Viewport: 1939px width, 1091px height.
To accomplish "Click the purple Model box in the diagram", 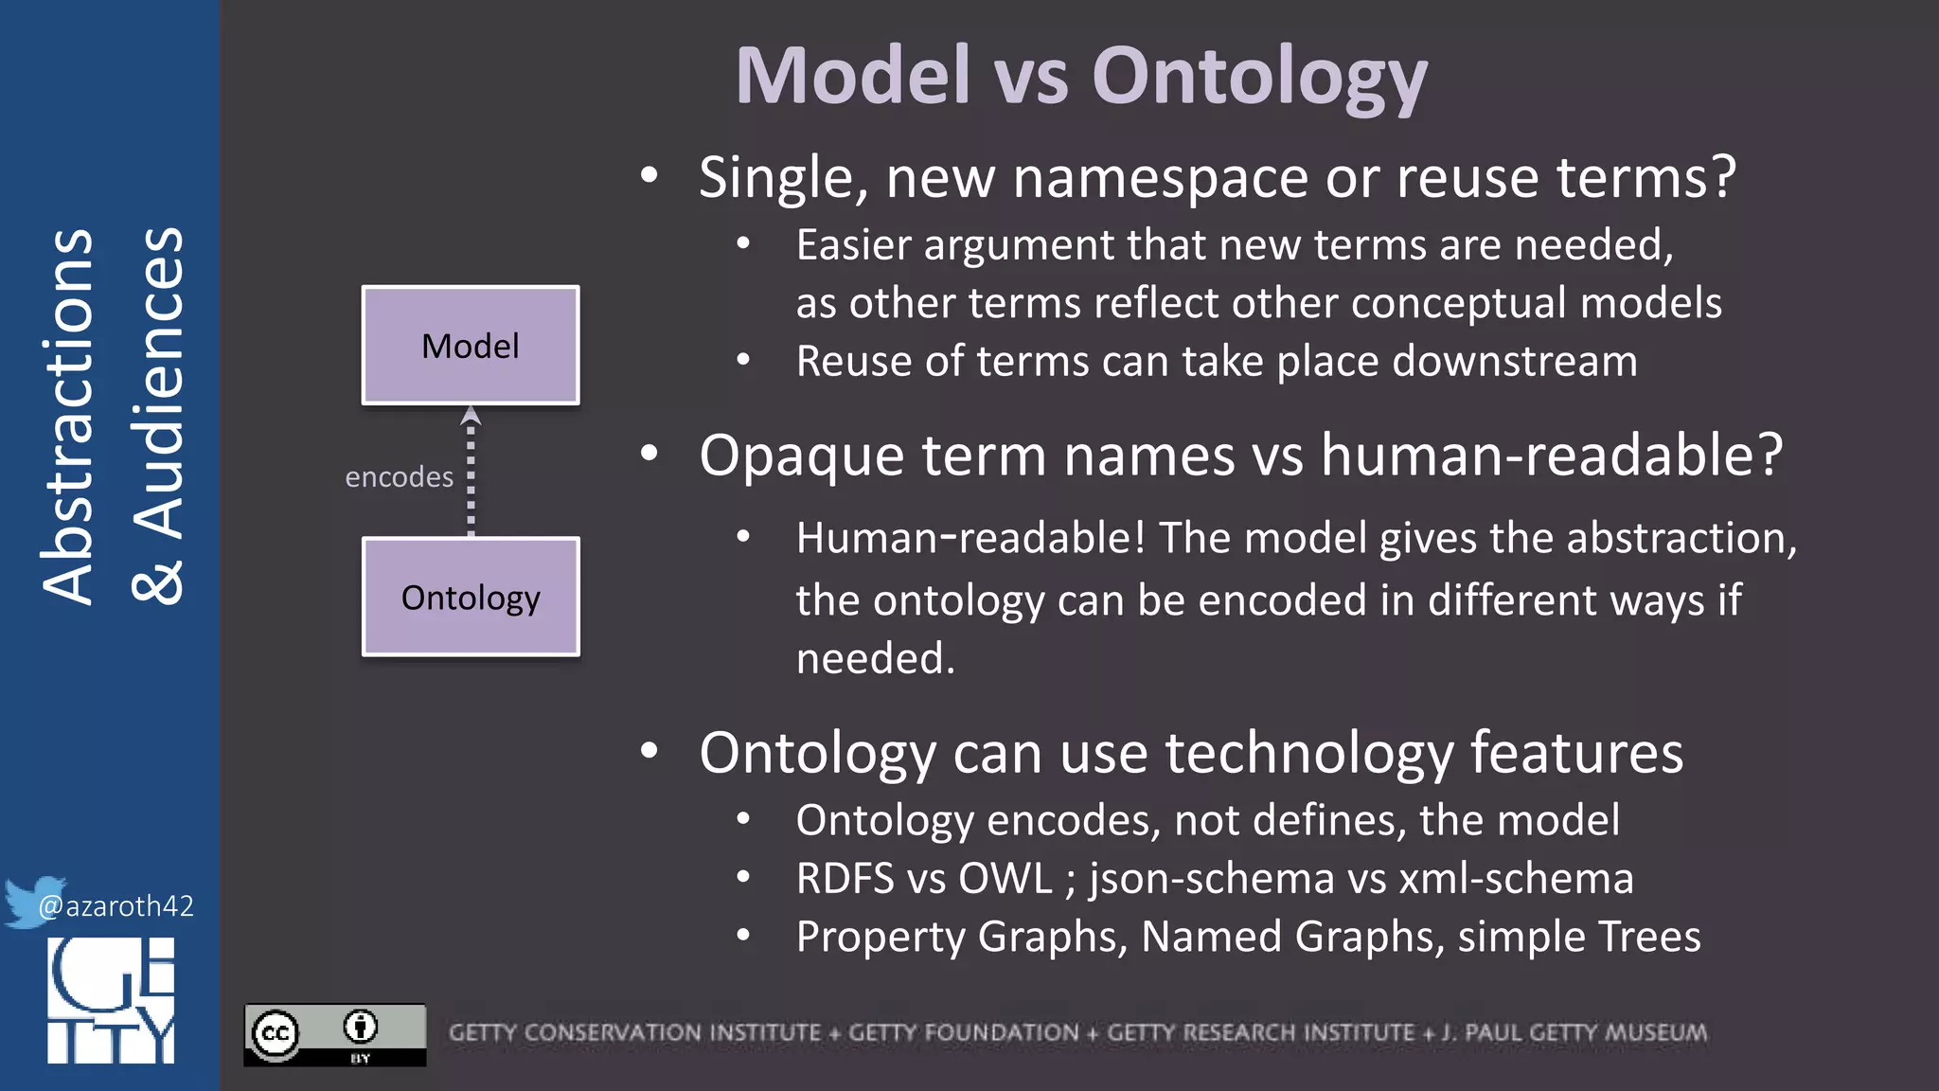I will coord(471,346).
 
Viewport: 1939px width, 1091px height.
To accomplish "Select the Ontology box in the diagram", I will coord(471,598).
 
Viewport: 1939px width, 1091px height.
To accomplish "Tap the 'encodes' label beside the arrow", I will coord(399,477).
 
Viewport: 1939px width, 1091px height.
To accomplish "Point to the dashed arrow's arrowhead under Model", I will coord(471,416).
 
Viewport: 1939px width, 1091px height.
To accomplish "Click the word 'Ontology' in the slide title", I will coord(1258,78).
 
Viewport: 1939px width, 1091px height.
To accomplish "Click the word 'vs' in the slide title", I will coord(1031,78).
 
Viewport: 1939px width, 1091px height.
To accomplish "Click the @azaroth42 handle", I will coord(116,906).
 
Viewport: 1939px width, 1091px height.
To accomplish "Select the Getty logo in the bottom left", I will coord(111,1000).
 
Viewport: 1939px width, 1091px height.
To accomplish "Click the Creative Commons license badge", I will coord(334,1034).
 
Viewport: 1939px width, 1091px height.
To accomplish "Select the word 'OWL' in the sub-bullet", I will coord(1005,879).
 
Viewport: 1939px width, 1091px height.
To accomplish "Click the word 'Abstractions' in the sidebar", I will coord(68,417).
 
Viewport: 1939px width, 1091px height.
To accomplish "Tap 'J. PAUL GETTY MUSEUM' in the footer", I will coord(1574,1032).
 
